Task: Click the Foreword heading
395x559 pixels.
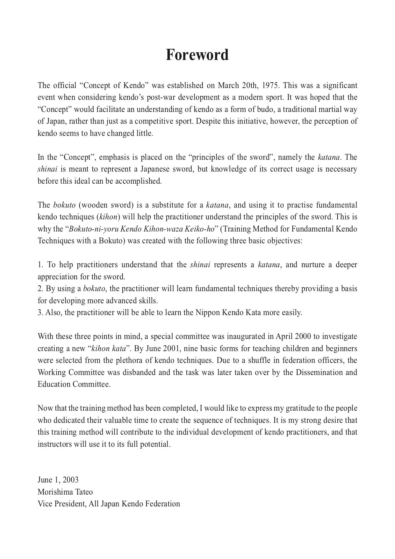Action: (x=197, y=55)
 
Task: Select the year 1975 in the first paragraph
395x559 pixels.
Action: (x=271, y=85)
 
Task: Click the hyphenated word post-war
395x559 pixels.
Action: (x=158, y=97)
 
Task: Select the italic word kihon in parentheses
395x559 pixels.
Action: (x=109, y=217)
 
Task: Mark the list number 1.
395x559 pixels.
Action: (x=40, y=265)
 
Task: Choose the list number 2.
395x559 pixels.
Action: (x=40, y=289)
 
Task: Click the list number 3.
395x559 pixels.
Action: (x=40, y=313)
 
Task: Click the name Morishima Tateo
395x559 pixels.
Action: (x=65, y=492)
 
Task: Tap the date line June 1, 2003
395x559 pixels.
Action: (x=58, y=480)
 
